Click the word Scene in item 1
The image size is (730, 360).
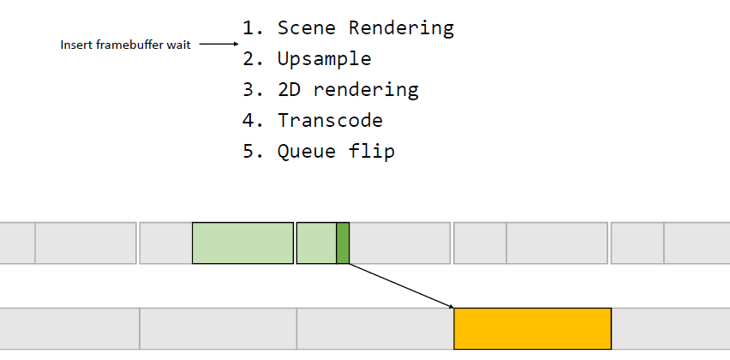click(307, 28)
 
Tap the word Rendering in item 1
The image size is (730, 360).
click(401, 29)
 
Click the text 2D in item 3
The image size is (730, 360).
click(289, 89)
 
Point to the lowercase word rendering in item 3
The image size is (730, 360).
click(366, 90)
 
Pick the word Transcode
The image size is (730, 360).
click(330, 121)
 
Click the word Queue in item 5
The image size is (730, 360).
click(307, 152)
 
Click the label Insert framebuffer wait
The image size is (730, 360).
click(126, 45)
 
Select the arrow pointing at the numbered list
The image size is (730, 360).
click(218, 45)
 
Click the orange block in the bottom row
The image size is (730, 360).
click(533, 328)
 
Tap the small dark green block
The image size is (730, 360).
click(343, 243)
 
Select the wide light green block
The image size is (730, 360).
click(243, 243)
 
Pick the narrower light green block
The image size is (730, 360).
click(316, 243)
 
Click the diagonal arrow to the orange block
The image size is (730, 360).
click(401, 286)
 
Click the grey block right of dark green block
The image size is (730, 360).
click(400, 243)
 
